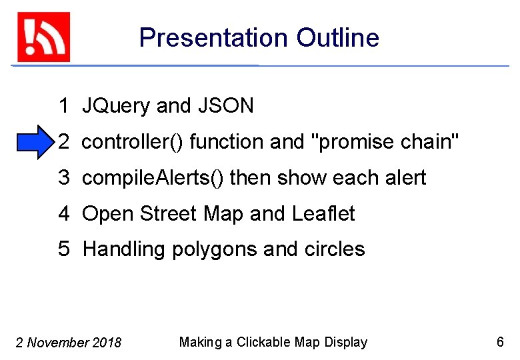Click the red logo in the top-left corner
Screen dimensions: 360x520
tap(43, 37)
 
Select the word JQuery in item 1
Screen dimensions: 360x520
tap(117, 106)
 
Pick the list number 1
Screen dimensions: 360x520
tap(64, 106)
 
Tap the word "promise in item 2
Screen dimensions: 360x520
tap(354, 142)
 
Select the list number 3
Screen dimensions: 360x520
tap(64, 178)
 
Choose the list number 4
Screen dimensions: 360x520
tap(64, 214)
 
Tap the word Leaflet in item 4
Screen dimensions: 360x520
tap(323, 214)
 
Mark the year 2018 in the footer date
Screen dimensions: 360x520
tap(107, 343)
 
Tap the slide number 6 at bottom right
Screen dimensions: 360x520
tap(500, 342)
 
